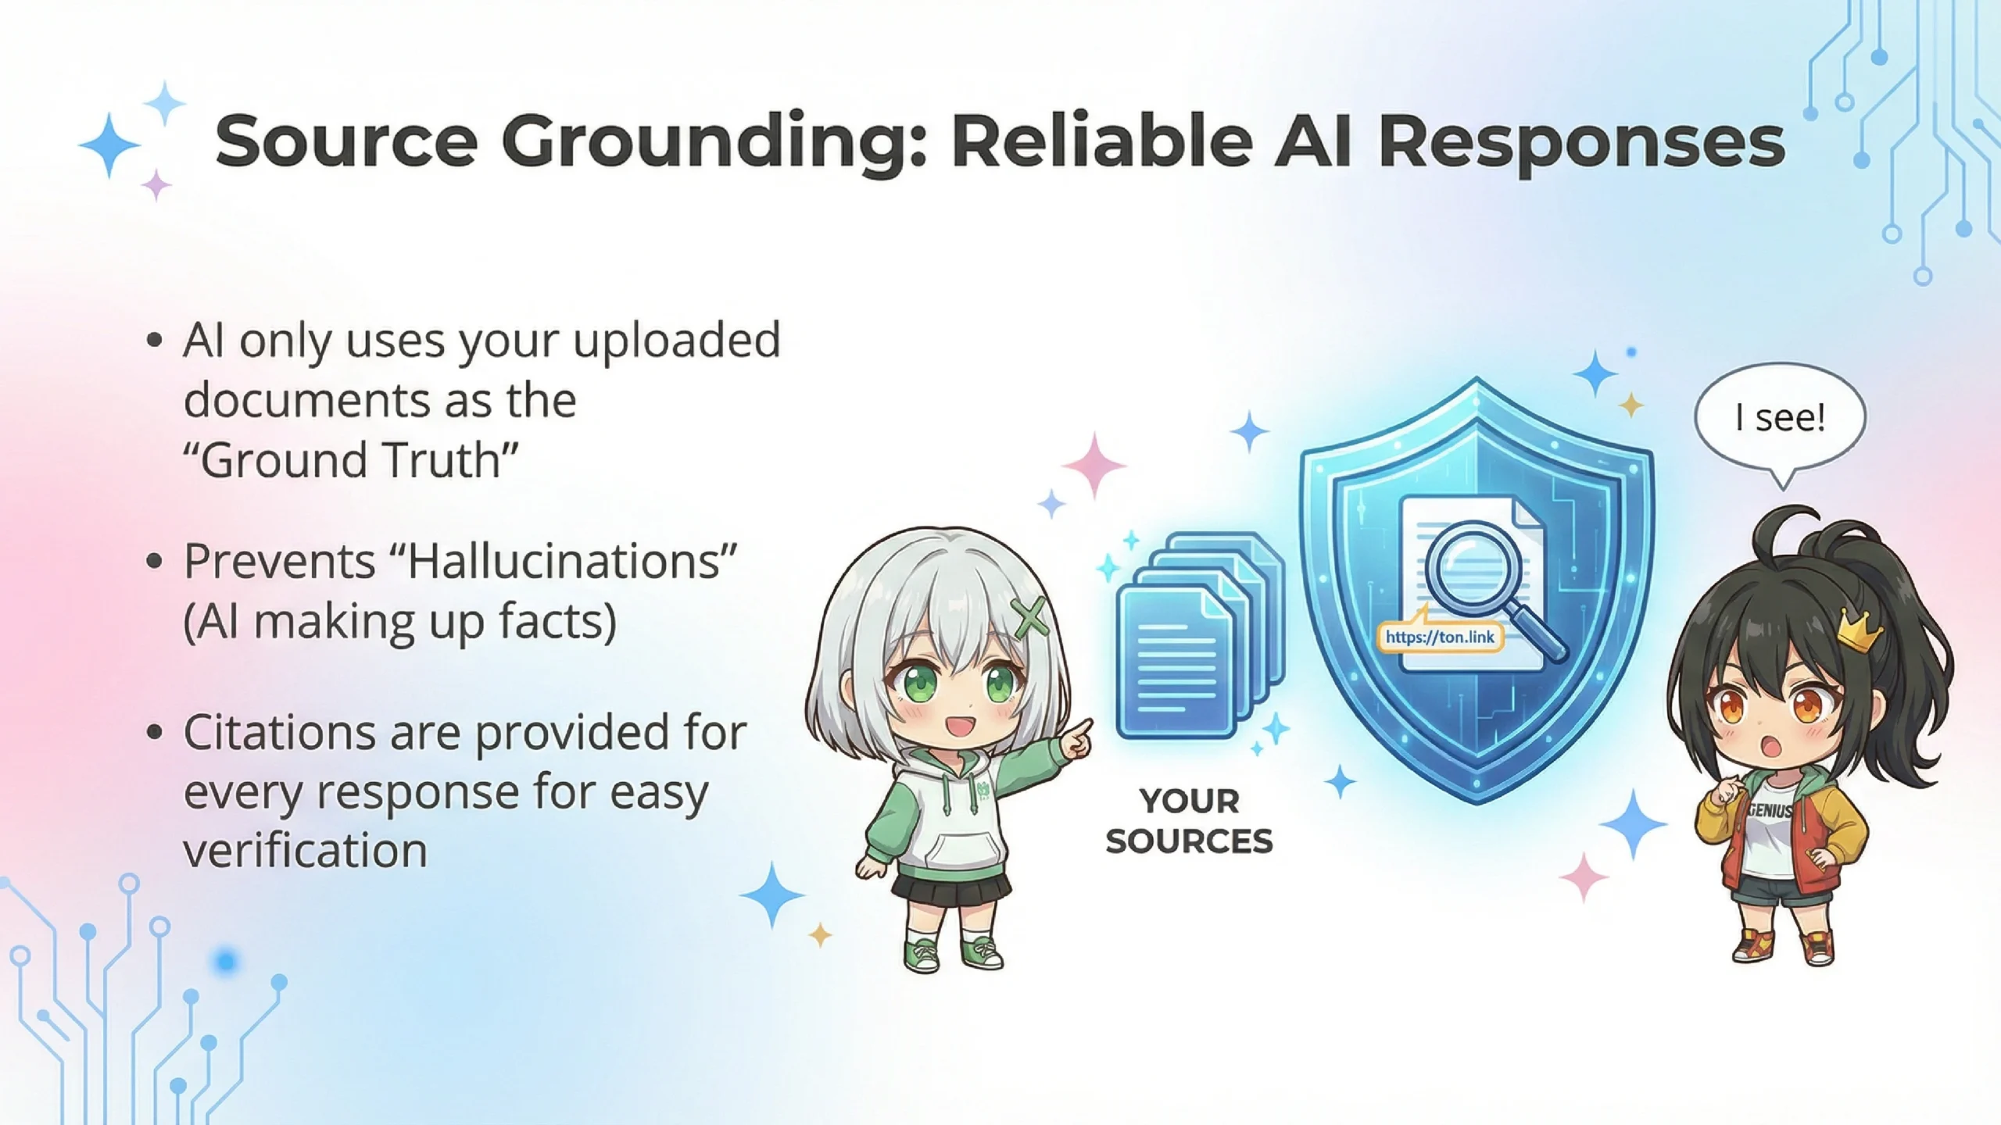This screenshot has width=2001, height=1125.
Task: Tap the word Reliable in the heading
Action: (x=1103, y=141)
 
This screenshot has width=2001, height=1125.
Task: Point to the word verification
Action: (x=306, y=850)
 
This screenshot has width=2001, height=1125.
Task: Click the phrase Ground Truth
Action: (x=351, y=459)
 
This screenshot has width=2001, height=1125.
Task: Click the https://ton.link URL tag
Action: (x=1440, y=637)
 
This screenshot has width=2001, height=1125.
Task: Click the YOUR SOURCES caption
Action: (x=1189, y=821)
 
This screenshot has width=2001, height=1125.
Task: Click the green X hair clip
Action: (x=1029, y=617)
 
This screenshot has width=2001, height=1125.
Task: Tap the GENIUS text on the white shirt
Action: (x=1770, y=812)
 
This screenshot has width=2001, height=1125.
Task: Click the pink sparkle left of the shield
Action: (x=1094, y=465)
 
